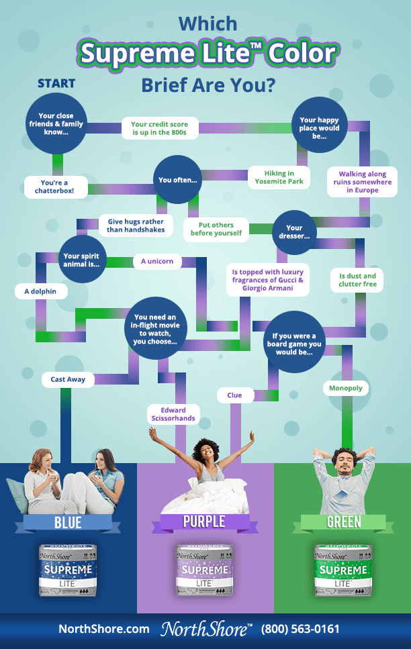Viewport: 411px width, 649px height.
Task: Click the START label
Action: pos(56,84)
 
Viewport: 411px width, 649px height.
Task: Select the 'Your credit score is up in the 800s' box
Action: pos(159,128)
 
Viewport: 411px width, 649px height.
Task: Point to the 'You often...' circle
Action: pos(178,180)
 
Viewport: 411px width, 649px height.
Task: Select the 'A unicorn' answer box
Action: pos(157,261)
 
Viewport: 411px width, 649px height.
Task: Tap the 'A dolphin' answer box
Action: pos(40,291)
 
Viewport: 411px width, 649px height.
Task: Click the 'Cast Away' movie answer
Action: pos(68,379)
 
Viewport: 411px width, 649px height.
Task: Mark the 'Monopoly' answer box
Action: pos(346,388)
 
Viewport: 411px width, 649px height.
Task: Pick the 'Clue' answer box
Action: pos(234,395)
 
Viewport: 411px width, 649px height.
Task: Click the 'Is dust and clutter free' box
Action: pos(357,280)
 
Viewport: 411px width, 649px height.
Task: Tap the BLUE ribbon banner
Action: pos(68,522)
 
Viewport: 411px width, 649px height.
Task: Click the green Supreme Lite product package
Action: pos(342,570)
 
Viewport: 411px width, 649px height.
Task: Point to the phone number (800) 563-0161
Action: pos(300,630)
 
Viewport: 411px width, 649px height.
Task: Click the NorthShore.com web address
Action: pos(104,630)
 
